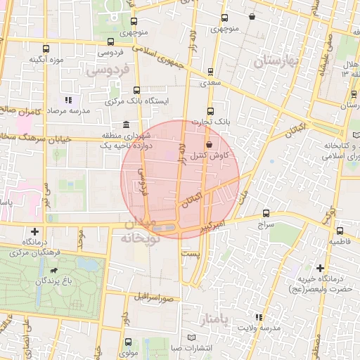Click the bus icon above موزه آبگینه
[46, 49]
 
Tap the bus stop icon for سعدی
[211, 72]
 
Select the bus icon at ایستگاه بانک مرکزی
[135, 90]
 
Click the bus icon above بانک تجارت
[210, 110]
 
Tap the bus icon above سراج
[265, 212]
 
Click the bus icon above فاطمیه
[340, 231]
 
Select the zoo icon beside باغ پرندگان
[52, 270]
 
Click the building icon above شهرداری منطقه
[126, 125]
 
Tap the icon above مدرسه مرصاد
[68, 100]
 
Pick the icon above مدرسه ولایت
[259, 317]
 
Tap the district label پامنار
[210, 320]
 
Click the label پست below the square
[191, 252]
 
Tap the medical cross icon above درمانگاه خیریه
[321, 268]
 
